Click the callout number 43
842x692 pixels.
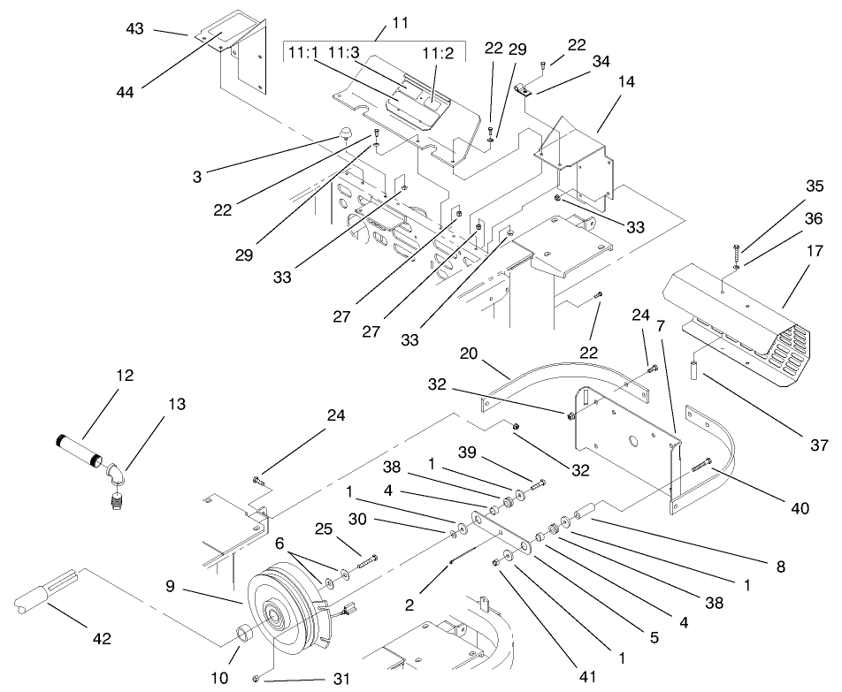point(134,28)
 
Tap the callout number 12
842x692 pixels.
point(124,375)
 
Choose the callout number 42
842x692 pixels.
point(103,638)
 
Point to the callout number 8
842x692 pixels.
point(778,567)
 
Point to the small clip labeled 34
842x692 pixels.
point(524,88)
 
